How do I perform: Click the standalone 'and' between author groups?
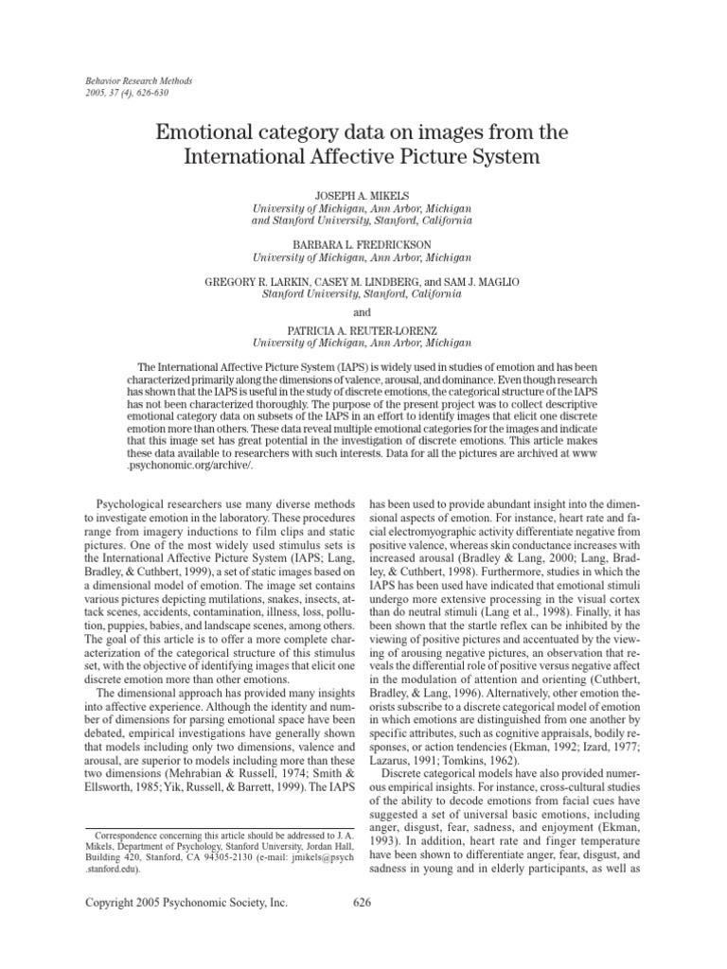point(362,312)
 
